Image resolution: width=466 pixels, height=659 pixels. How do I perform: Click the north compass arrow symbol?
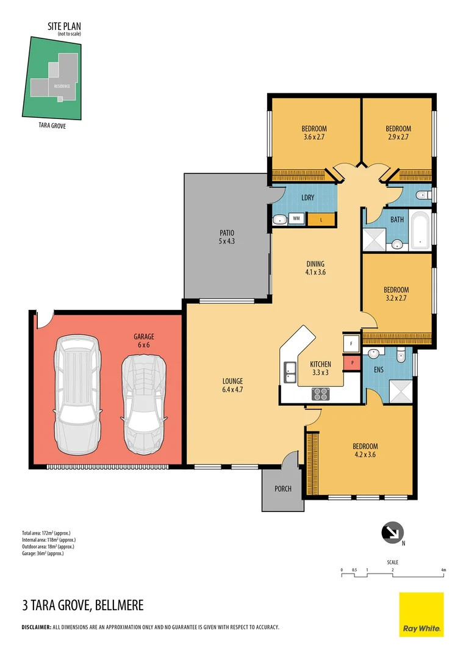coord(391,532)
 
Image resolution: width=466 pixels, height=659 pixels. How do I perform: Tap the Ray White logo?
coord(421,614)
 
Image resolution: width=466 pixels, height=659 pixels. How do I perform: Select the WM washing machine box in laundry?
coord(296,218)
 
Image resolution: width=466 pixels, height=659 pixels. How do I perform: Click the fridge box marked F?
coord(352,344)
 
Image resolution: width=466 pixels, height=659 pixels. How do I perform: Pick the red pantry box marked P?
coord(352,364)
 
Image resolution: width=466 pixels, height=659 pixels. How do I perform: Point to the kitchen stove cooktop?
coord(321,394)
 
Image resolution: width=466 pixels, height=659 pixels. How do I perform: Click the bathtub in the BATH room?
coord(420,230)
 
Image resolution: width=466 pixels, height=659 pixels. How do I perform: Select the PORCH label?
coord(283,489)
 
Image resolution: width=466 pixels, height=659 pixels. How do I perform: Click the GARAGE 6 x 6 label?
coord(144,340)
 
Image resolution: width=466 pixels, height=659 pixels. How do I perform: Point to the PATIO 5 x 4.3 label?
coord(227,237)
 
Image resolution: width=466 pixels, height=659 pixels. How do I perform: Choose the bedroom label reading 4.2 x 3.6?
coord(365,450)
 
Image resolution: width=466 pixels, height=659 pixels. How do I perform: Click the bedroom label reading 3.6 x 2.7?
coord(314,133)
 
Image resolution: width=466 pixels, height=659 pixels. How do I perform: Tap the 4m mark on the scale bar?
coord(444,570)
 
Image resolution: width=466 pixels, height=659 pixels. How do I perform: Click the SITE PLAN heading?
coord(65,26)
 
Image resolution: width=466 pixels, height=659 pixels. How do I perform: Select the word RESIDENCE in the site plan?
coord(62,86)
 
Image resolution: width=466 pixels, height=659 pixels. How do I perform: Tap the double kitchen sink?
coord(289,372)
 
